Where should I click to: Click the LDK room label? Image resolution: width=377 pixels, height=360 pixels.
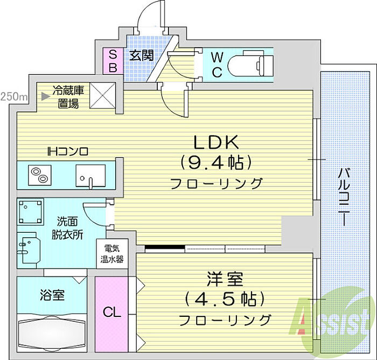[216, 142]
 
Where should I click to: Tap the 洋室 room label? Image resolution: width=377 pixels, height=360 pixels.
[225, 279]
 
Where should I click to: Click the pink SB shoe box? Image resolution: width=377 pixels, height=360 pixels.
[113, 61]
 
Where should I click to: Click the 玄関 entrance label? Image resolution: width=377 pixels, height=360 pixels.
[142, 56]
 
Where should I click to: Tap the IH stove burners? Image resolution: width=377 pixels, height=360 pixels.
[40, 175]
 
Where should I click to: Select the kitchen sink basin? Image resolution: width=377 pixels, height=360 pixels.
[90, 176]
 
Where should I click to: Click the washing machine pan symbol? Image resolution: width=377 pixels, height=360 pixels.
[31, 212]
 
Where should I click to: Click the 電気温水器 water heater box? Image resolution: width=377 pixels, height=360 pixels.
[112, 254]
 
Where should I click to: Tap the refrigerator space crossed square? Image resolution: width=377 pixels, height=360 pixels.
[103, 95]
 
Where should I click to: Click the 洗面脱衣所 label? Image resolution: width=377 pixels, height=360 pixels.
[67, 228]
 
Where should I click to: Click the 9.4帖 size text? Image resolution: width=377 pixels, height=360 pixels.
[216, 162]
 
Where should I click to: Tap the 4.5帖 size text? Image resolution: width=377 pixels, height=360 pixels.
[225, 299]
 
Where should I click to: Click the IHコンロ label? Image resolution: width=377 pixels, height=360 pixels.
[67, 151]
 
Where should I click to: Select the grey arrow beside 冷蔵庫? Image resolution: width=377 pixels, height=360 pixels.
[45, 96]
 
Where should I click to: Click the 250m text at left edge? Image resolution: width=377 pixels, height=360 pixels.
[13, 96]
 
